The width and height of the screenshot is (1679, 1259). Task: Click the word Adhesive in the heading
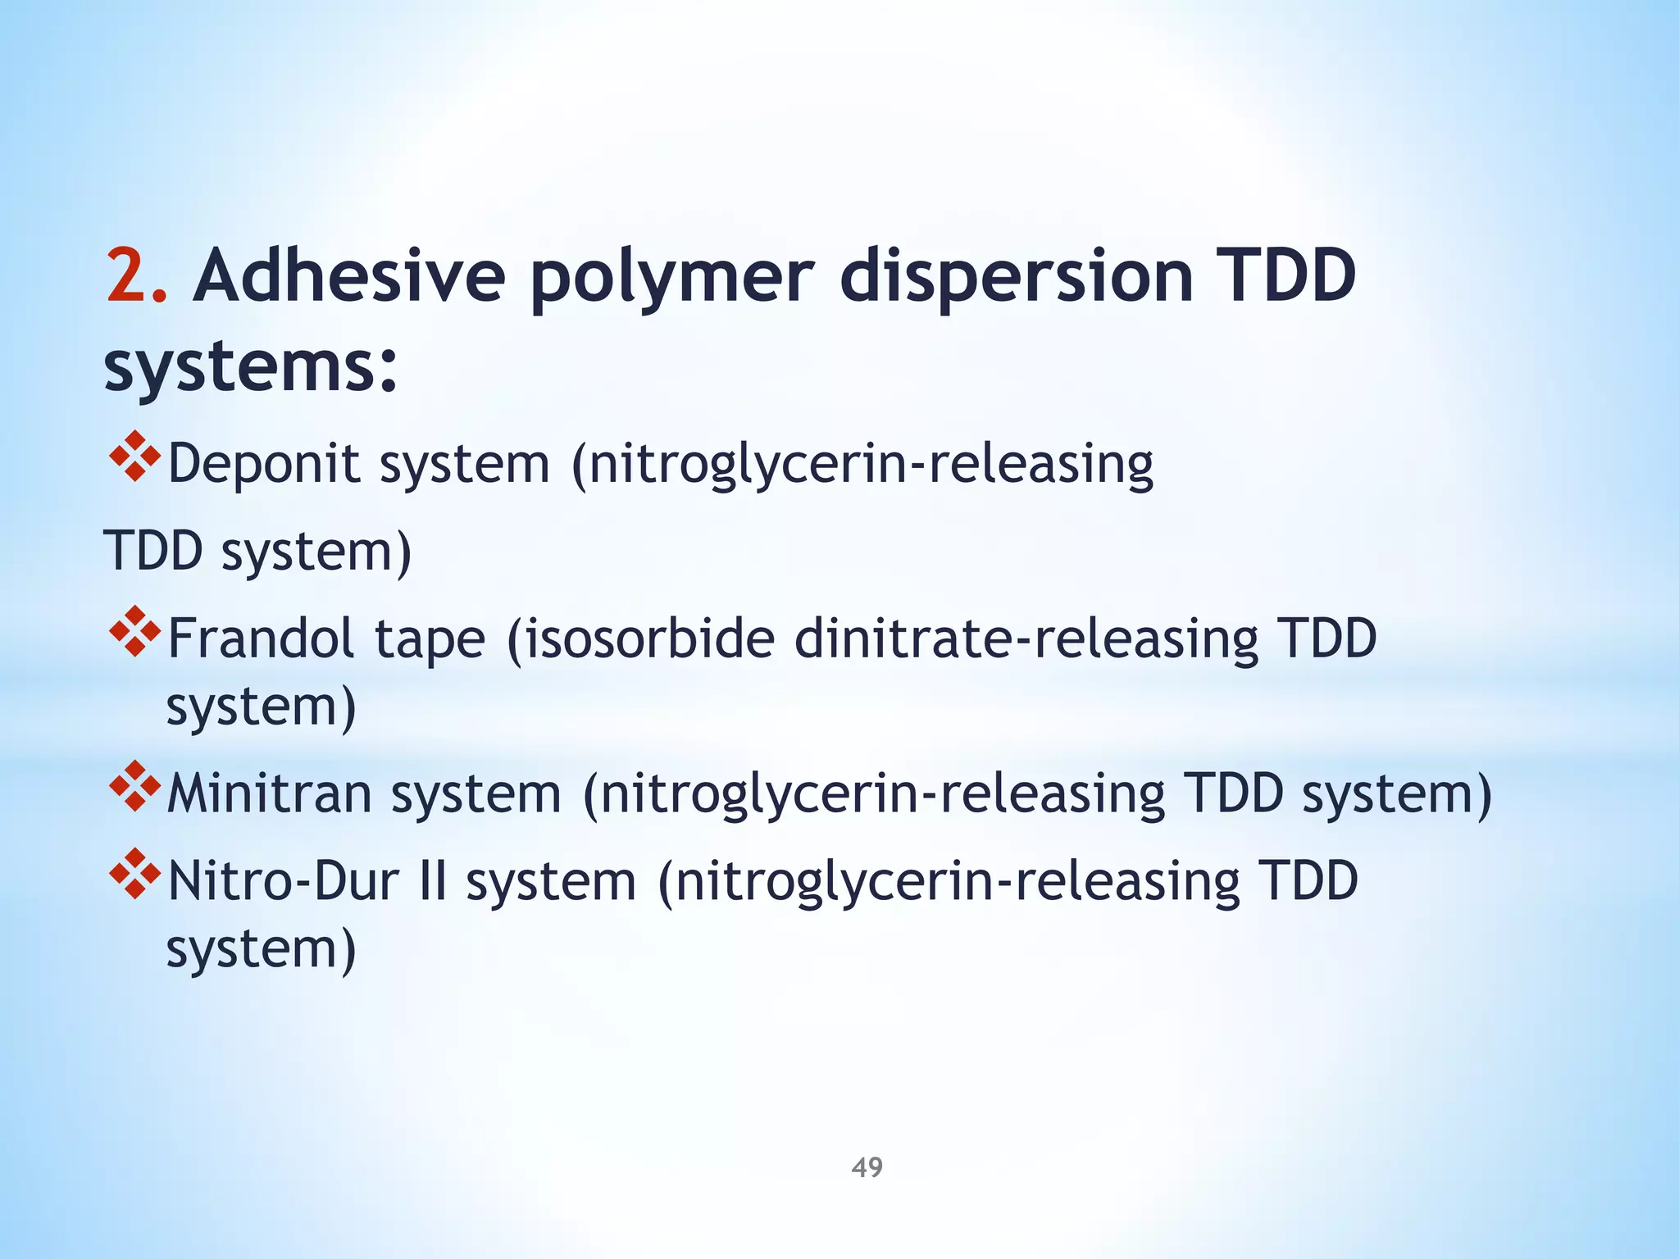(x=348, y=276)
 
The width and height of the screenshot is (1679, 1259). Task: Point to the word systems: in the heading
(x=251, y=366)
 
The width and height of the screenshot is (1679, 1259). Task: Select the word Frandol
(x=261, y=639)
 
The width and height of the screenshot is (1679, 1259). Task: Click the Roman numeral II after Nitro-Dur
(x=433, y=882)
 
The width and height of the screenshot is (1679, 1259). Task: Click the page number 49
(x=867, y=1167)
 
